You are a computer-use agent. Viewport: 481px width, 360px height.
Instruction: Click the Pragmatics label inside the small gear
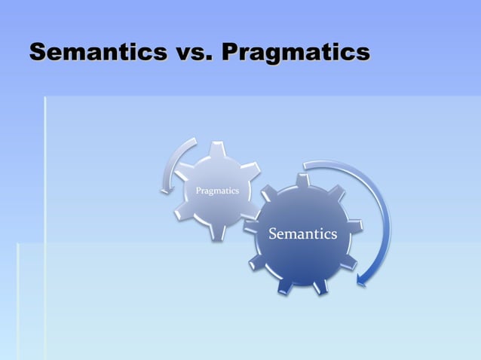point(217,191)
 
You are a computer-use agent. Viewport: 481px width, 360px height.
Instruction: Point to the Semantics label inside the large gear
point(303,234)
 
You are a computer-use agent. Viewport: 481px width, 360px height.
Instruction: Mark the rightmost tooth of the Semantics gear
point(357,224)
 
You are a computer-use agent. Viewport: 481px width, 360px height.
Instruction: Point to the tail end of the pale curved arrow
point(195,140)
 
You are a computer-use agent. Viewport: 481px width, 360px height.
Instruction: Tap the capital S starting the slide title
point(38,53)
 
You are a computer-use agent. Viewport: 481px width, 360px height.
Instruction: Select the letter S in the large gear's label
point(274,234)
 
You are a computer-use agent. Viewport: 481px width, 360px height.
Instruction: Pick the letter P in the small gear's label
point(198,191)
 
